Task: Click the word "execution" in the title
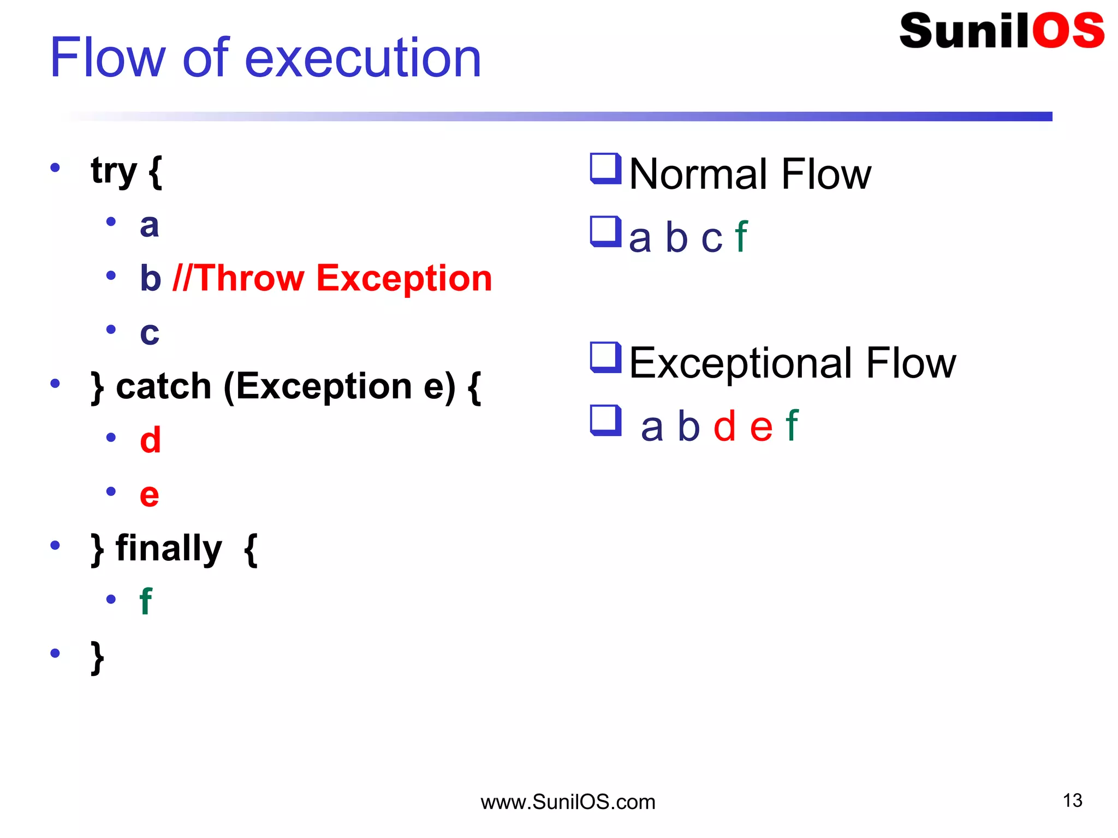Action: click(x=363, y=58)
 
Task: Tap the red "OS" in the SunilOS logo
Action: click(x=1068, y=31)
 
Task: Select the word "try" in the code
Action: click(x=114, y=171)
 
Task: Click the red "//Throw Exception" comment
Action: click(x=332, y=278)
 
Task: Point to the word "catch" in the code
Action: click(x=163, y=387)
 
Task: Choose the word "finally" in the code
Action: click(x=169, y=548)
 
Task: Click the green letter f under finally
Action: click(x=146, y=602)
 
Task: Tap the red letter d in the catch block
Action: click(x=150, y=440)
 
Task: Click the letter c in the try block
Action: click(x=150, y=333)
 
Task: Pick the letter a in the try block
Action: click(x=149, y=225)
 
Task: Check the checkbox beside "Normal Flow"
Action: click(x=605, y=169)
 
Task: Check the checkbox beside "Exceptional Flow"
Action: click(x=605, y=357)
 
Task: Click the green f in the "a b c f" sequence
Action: click(x=741, y=237)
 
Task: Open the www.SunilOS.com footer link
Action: click(x=568, y=802)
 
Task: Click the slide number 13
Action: click(x=1072, y=800)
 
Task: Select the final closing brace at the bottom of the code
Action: click(x=97, y=657)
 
